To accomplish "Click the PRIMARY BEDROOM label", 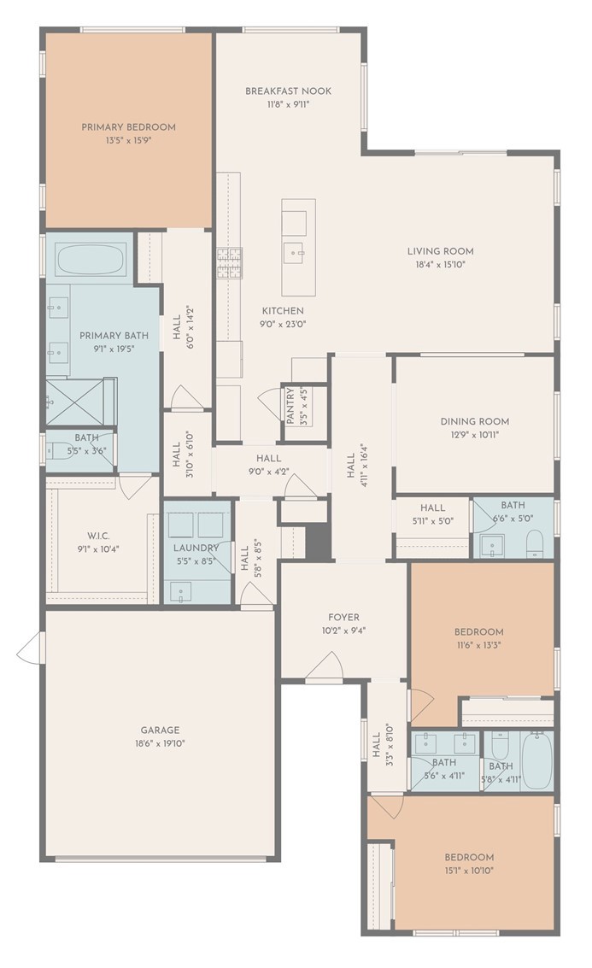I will click(128, 127).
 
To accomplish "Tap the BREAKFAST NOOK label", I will click(288, 91).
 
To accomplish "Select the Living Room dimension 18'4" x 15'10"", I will click(440, 265).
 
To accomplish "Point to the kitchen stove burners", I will click(229, 264).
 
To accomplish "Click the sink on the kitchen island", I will click(296, 254).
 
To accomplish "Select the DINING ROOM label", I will click(475, 421).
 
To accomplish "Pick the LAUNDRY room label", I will click(196, 548).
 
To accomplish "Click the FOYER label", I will click(343, 618).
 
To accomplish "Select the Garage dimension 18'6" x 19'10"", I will click(160, 743).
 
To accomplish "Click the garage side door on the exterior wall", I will click(29, 648).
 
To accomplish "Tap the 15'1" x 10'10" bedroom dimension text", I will click(469, 871).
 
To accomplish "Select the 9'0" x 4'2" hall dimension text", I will click(269, 472).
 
